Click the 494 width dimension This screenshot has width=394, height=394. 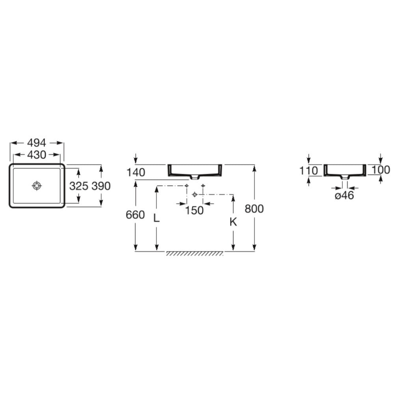tap(37, 143)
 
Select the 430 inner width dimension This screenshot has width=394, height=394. tap(37, 155)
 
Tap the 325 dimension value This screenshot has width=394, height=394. tap(79, 186)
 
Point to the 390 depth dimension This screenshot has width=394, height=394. tap(101, 186)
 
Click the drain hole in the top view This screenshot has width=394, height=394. tap(37, 186)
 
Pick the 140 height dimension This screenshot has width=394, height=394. tap(136, 173)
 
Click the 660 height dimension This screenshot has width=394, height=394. tap(136, 215)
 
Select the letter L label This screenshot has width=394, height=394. tap(156, 218)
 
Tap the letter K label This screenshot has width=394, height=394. tap(233, 221)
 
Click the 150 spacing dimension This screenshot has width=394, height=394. tap(194, 210)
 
